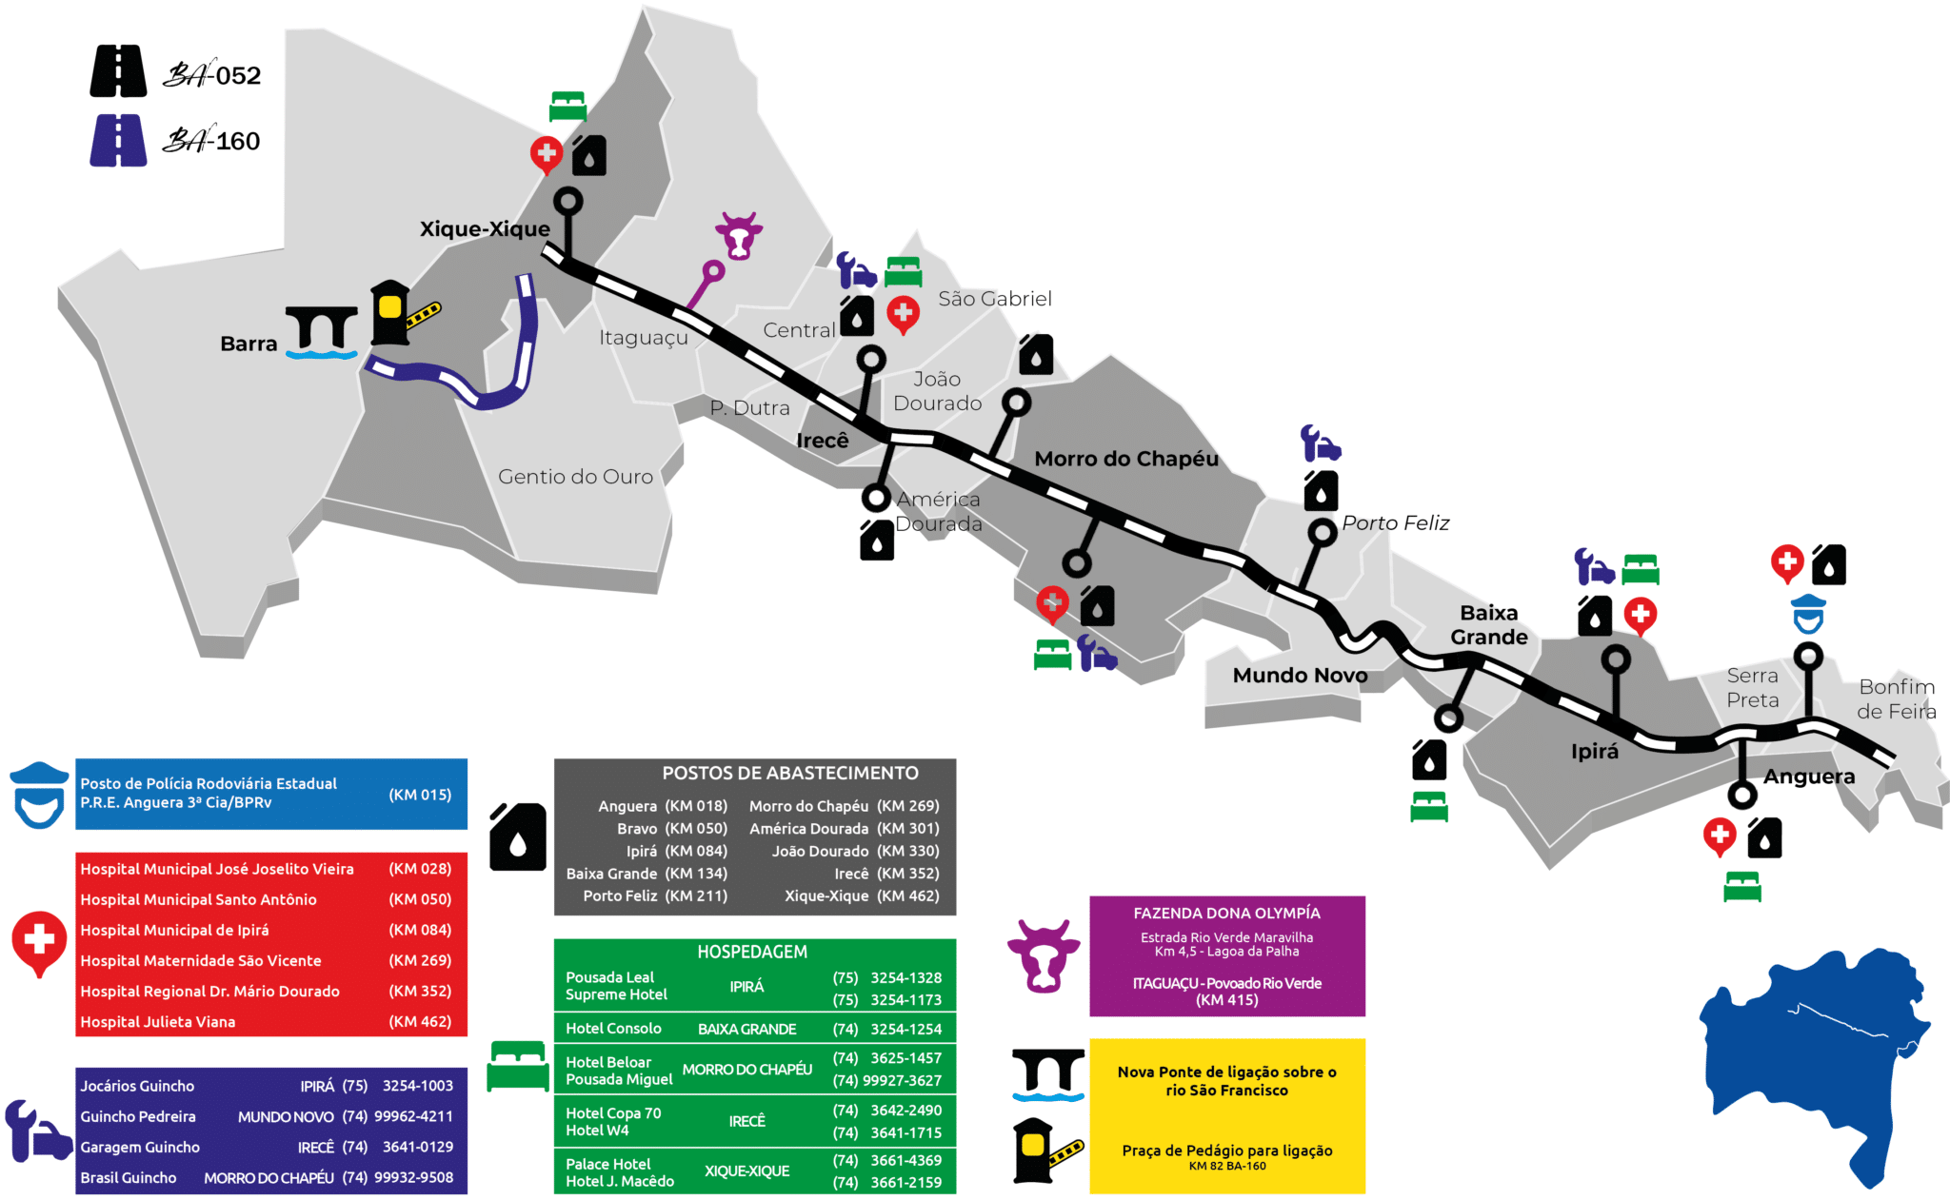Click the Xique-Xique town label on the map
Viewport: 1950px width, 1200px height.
[485, 229]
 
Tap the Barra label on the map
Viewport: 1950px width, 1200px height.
[249, 344]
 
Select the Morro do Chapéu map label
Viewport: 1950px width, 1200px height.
[1126, 459]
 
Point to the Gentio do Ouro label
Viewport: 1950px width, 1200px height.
[575, 477]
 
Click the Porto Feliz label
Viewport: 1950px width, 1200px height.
[1395, 523]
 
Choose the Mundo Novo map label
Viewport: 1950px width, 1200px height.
[1300, 676]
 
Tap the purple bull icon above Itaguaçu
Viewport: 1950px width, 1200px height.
[739, 235]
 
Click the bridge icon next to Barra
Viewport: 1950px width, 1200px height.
[322, 332]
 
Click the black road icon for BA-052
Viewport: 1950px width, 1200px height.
[118, 71]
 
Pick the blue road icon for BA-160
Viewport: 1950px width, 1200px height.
[118, 141]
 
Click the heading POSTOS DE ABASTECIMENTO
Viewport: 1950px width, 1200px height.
[790, 774]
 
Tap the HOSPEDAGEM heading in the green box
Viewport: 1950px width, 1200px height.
[752, 952]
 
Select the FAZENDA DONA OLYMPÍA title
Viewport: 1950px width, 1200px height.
[1226, 914]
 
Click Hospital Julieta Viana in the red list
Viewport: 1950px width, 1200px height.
[158, 1022]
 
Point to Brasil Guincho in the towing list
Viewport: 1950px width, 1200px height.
[129, 1178]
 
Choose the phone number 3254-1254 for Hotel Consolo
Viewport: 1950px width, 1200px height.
[905, 1029]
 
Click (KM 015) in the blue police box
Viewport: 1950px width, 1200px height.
[420, 795]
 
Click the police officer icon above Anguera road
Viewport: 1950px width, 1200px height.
[1807, 614]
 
